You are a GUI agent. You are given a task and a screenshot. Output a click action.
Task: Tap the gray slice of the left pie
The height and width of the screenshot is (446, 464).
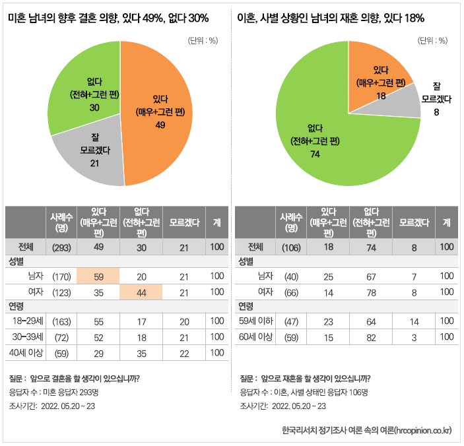coord(89,155)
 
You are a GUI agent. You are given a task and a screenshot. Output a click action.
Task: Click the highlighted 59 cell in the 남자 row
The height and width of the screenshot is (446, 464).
coord(98,276)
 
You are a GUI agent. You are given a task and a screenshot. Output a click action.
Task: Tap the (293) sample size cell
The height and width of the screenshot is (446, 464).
coord(61,247)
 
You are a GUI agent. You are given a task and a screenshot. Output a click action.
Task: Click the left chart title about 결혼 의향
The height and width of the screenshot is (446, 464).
coord(108,18)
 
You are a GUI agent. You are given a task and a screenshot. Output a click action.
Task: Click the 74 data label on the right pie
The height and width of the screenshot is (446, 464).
coord(314,154)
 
